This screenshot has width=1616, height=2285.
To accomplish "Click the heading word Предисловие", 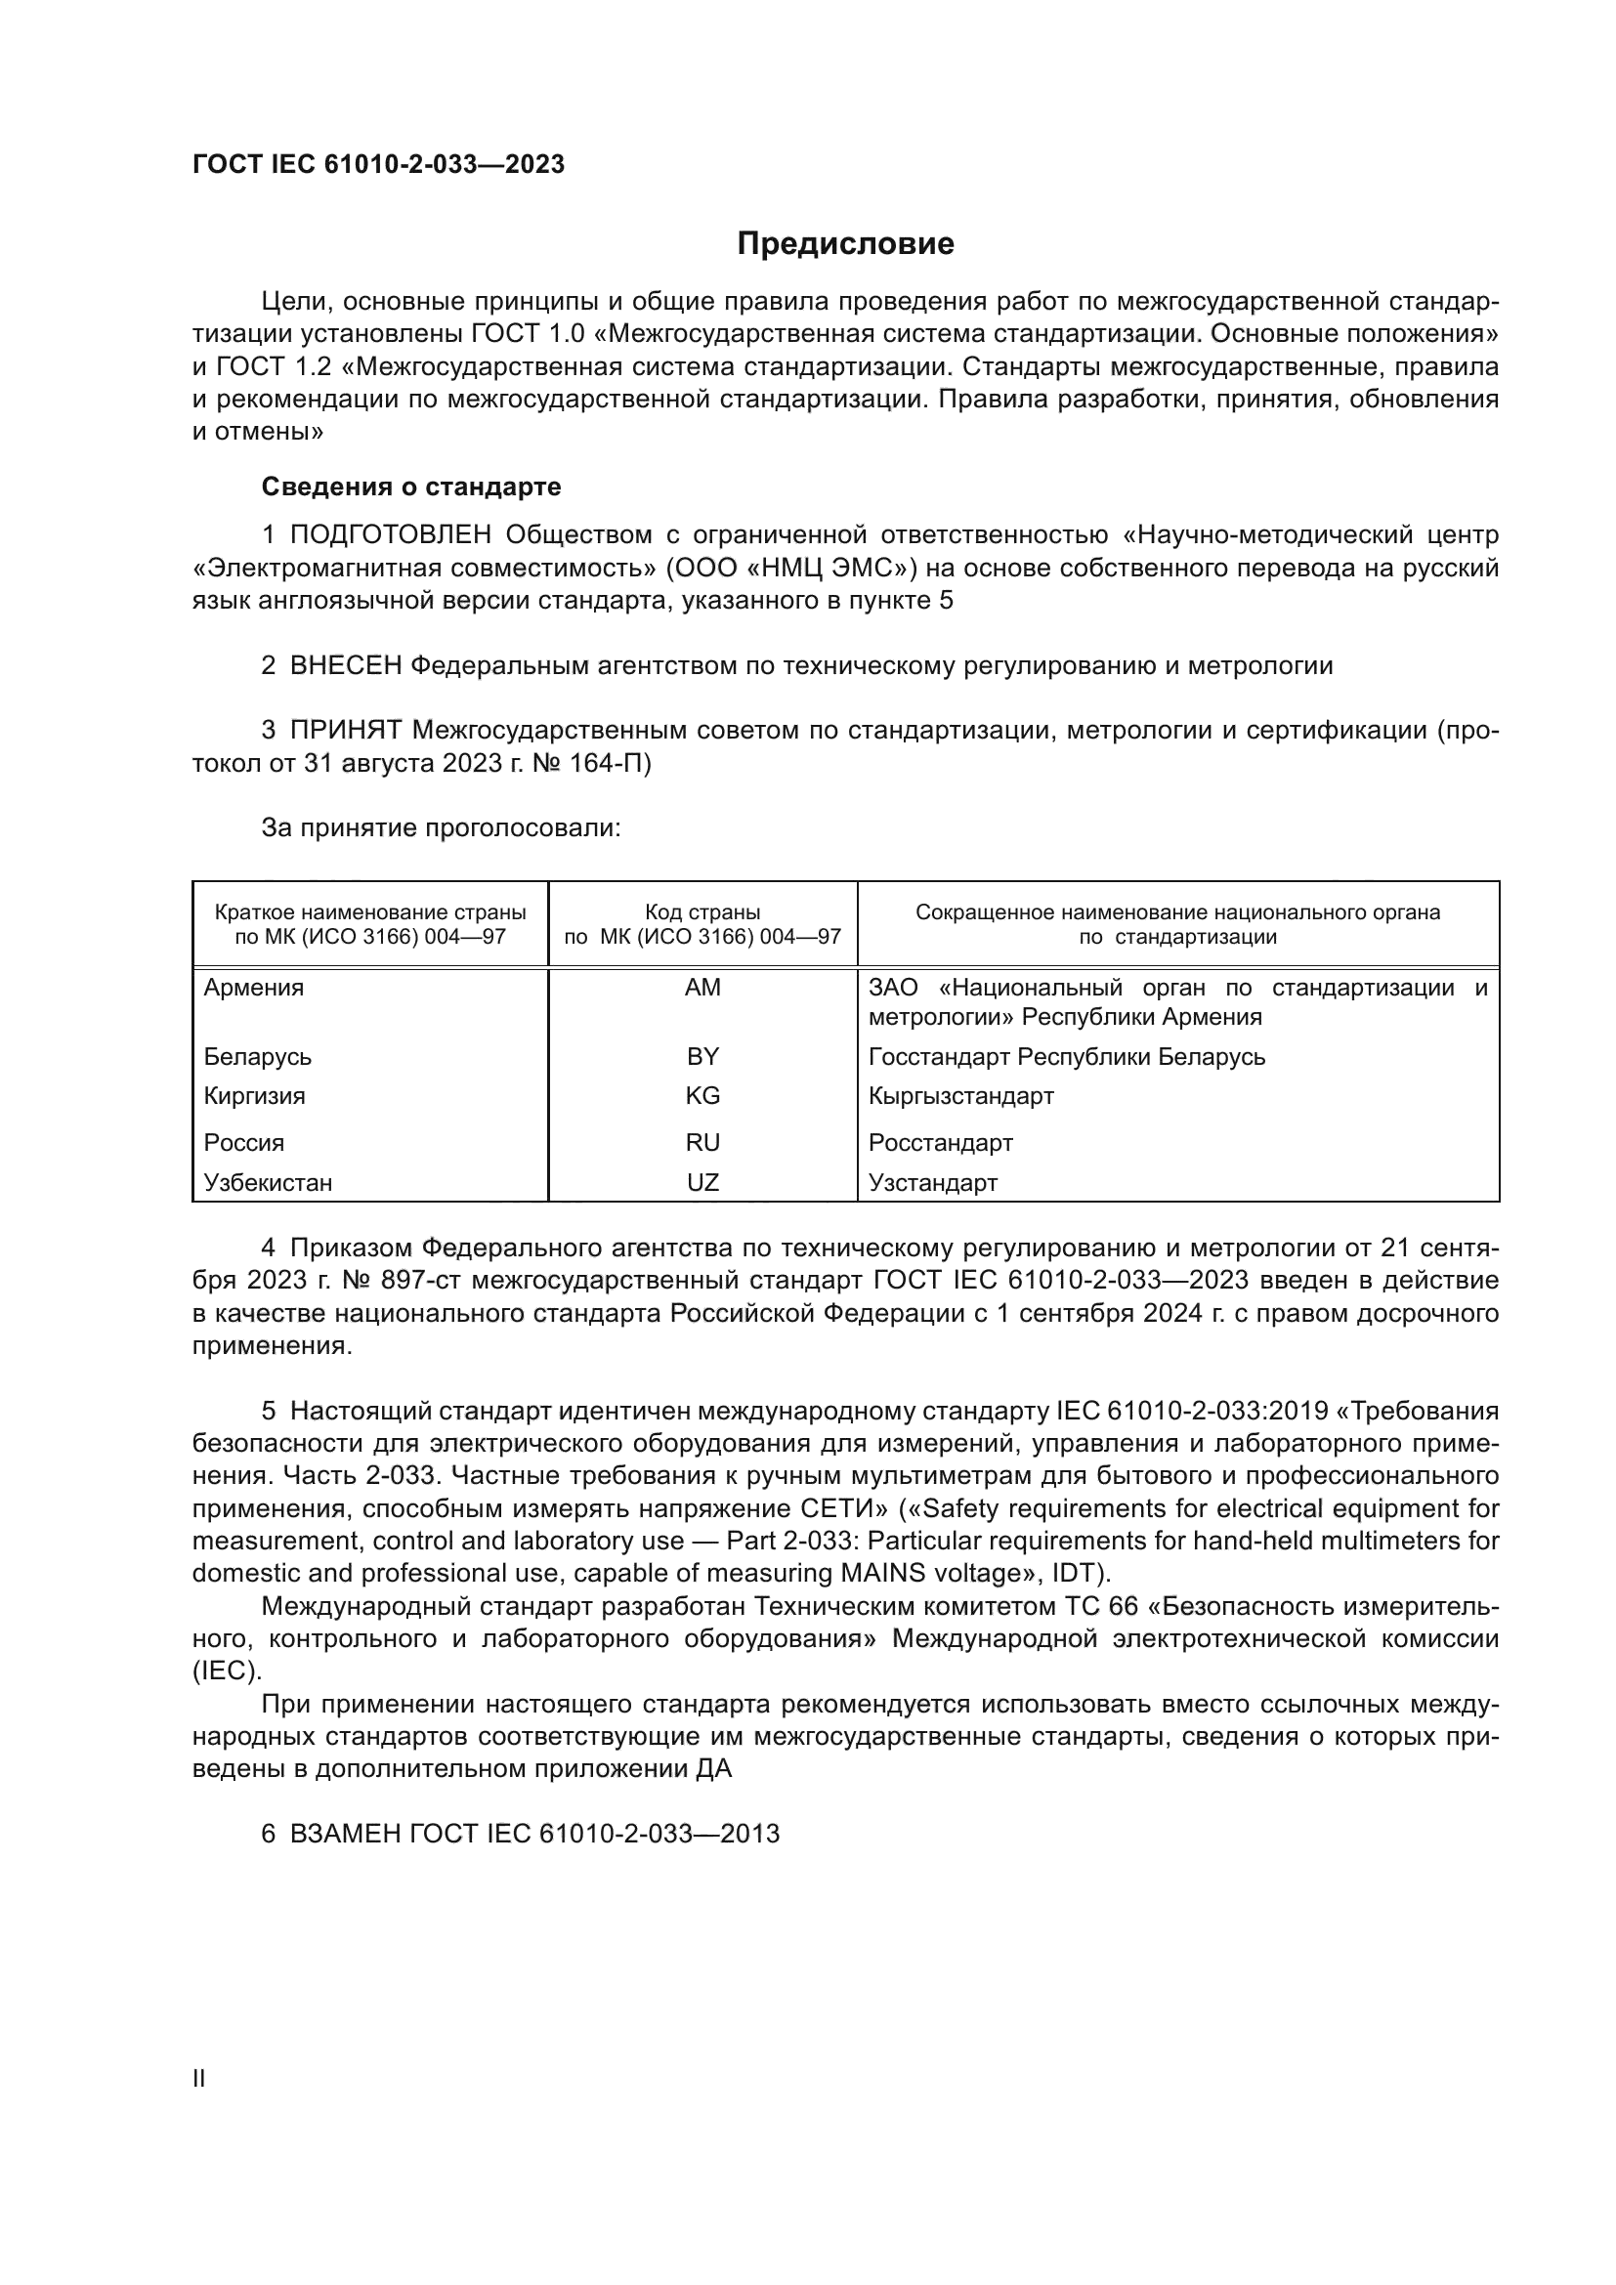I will pos(845,244).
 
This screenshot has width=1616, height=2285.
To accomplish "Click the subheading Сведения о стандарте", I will pos(410,487).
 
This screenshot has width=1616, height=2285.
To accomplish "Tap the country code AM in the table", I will pos(702,988).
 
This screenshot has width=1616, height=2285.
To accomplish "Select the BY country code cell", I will pos(702,1056).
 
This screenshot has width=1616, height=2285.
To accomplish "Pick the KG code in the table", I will pos(702,1096).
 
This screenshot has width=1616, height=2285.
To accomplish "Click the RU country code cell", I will pos(702,1143).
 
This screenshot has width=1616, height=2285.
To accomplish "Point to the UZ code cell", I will pos(702,1182).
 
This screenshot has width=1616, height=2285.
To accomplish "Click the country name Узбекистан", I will pos(268,1182).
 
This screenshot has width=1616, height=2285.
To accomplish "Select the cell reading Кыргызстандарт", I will pos(960,1096).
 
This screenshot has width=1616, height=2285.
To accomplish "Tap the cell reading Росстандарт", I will pos(940,1143).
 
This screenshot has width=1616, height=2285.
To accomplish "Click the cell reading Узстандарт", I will pos(932,1182).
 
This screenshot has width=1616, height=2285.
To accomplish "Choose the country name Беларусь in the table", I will pos(257,1056).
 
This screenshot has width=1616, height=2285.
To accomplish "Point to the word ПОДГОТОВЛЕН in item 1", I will pos(391,535).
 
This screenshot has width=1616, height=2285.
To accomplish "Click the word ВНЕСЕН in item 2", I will pos(345,666).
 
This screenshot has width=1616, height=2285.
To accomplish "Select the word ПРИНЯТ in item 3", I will pos(345,731).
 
